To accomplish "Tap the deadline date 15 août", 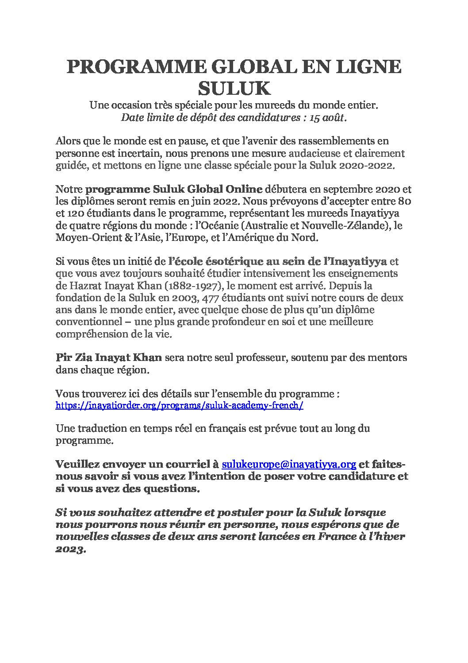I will coord(327,118).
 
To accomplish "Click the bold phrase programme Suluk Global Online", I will coord(174,190).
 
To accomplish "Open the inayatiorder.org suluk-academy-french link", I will coord(179,405).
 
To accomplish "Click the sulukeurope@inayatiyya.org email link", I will coord(289,465).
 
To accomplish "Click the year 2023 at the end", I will coord(69,548).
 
